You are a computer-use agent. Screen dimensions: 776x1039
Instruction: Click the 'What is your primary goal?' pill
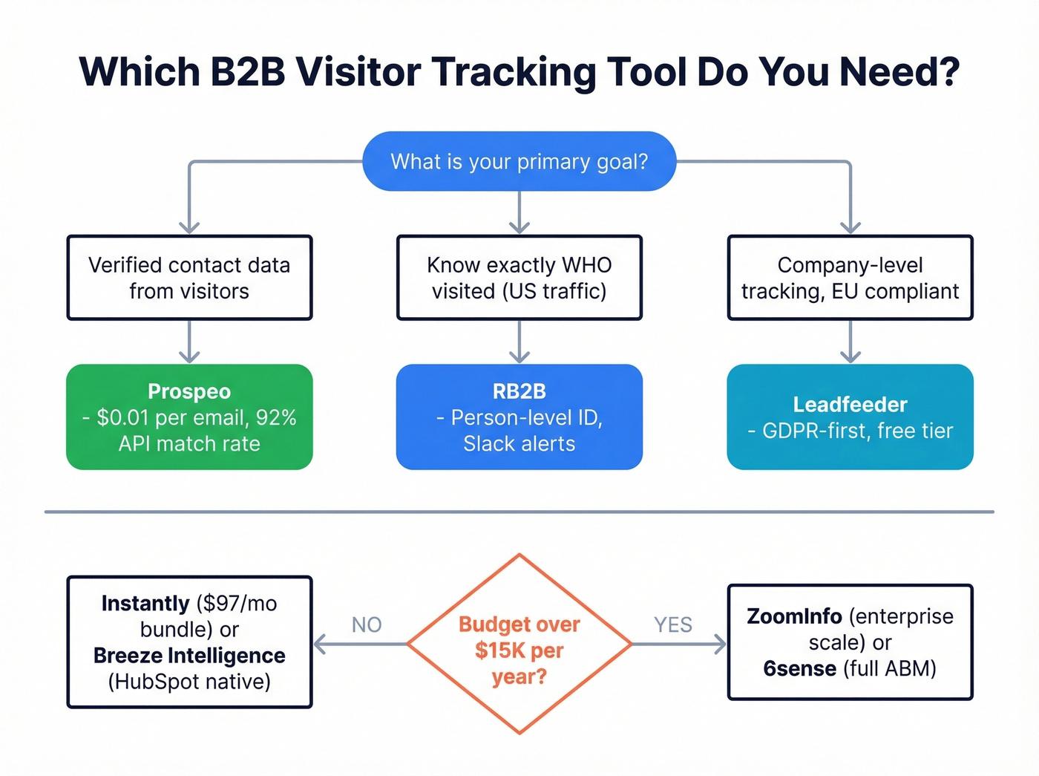click(x=519, y=161)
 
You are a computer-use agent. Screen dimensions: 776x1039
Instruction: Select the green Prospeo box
click(x=189, y=417)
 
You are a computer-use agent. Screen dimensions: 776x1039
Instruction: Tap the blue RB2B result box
click(x=519, y=417)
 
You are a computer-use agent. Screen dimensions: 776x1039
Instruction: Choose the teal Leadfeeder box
click(x=850, y=417)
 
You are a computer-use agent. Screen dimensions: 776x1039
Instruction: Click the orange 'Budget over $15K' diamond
click(x=519, y=644)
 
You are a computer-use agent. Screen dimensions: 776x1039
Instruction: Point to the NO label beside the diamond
click(x=367, y=625)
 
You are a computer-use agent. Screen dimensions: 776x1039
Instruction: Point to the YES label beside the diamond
click(x=672, y=625)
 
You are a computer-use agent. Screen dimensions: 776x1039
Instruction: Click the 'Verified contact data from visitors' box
click(x=189, y=278)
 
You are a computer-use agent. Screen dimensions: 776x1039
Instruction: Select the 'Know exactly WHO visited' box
click(x=519, y=278)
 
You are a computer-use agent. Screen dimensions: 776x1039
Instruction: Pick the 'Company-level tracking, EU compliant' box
click(x=850, y=278)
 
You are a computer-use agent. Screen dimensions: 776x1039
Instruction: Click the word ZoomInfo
click(x=793, y=616)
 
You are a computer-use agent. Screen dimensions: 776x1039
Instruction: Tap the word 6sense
click(x=799, y=668)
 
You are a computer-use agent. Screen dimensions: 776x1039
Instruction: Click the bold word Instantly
click(x=145, y=603)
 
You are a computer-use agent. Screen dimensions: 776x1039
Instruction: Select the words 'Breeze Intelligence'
click(x=189, y=656)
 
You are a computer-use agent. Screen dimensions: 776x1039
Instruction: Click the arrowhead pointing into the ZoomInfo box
click(x=720, y=644)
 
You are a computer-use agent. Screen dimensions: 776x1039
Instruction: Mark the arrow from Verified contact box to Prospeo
click(x=189, y=342)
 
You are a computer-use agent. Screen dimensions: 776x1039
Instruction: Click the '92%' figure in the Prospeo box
click(x=276, y=417)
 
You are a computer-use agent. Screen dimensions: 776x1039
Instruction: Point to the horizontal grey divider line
click(x=519, y=512)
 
